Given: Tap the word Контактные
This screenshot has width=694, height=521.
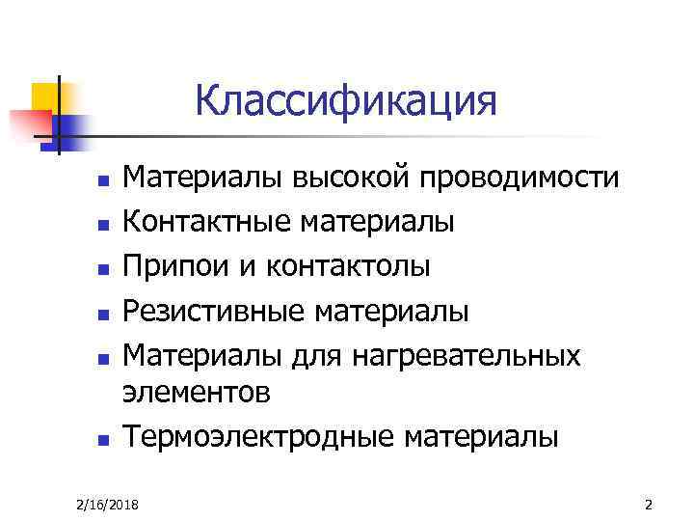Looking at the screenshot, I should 207,223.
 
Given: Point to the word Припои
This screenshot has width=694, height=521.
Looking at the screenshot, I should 175,267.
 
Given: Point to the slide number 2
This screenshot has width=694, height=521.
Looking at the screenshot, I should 648,504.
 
